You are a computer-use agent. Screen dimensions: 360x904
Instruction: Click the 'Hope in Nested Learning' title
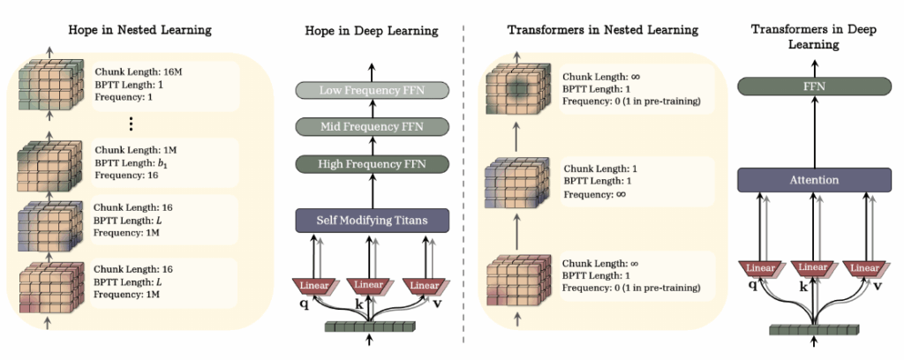[140, 31]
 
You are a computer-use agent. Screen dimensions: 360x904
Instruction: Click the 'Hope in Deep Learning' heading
[371, 31]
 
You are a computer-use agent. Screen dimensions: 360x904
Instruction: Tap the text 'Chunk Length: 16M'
[139, 71]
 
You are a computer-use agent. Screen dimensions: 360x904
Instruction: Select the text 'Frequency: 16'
[125, 176]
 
